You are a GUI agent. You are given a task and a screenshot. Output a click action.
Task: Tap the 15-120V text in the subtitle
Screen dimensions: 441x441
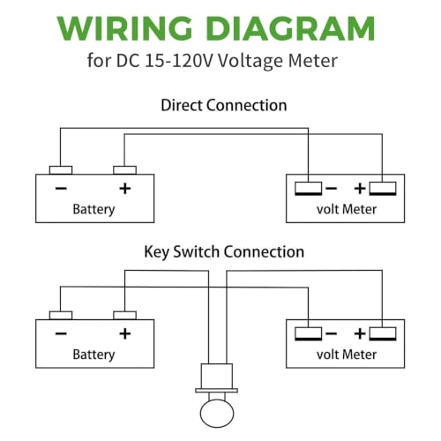pos(178,61)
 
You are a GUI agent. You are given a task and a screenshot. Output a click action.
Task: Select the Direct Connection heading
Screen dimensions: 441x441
pos(224,105)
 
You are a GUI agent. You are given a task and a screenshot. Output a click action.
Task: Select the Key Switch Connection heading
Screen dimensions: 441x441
pos(224,252)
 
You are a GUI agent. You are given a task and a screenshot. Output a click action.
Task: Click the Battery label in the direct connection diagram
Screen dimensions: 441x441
pos(93,209)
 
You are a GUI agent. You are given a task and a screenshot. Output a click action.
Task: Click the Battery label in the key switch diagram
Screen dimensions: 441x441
pos(93,355)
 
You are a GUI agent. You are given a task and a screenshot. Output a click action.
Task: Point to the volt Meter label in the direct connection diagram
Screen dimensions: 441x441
pos(347,209)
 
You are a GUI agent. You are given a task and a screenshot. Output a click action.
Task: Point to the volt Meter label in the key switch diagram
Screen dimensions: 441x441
pos(347,355)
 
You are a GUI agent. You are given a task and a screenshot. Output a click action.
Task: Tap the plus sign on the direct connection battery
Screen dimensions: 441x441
pos(125,189)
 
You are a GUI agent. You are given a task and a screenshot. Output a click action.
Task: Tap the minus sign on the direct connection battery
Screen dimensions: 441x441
pos(61,188)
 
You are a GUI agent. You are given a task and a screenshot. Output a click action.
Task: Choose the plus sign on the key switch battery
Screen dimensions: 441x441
pos(125,333)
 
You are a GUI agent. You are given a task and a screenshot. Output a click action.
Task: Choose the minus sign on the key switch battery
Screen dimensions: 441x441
pos(61,333)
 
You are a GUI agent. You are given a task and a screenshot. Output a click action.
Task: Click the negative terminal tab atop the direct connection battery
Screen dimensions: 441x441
pos(61,170)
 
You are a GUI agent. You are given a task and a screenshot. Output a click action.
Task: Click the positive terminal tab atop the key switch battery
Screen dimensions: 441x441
pos(125,316)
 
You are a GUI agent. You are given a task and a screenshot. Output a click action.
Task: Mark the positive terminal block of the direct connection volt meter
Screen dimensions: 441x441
pos(383,189)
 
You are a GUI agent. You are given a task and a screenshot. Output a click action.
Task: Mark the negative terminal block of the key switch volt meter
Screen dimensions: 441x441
pos(309,334)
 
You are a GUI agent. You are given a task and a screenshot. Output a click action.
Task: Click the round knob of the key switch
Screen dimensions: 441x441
pos(217,414)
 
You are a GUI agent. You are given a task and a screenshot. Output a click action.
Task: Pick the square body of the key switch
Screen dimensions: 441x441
pos(217,376)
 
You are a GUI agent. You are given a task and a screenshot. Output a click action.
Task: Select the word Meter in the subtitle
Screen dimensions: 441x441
pos(313,61)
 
